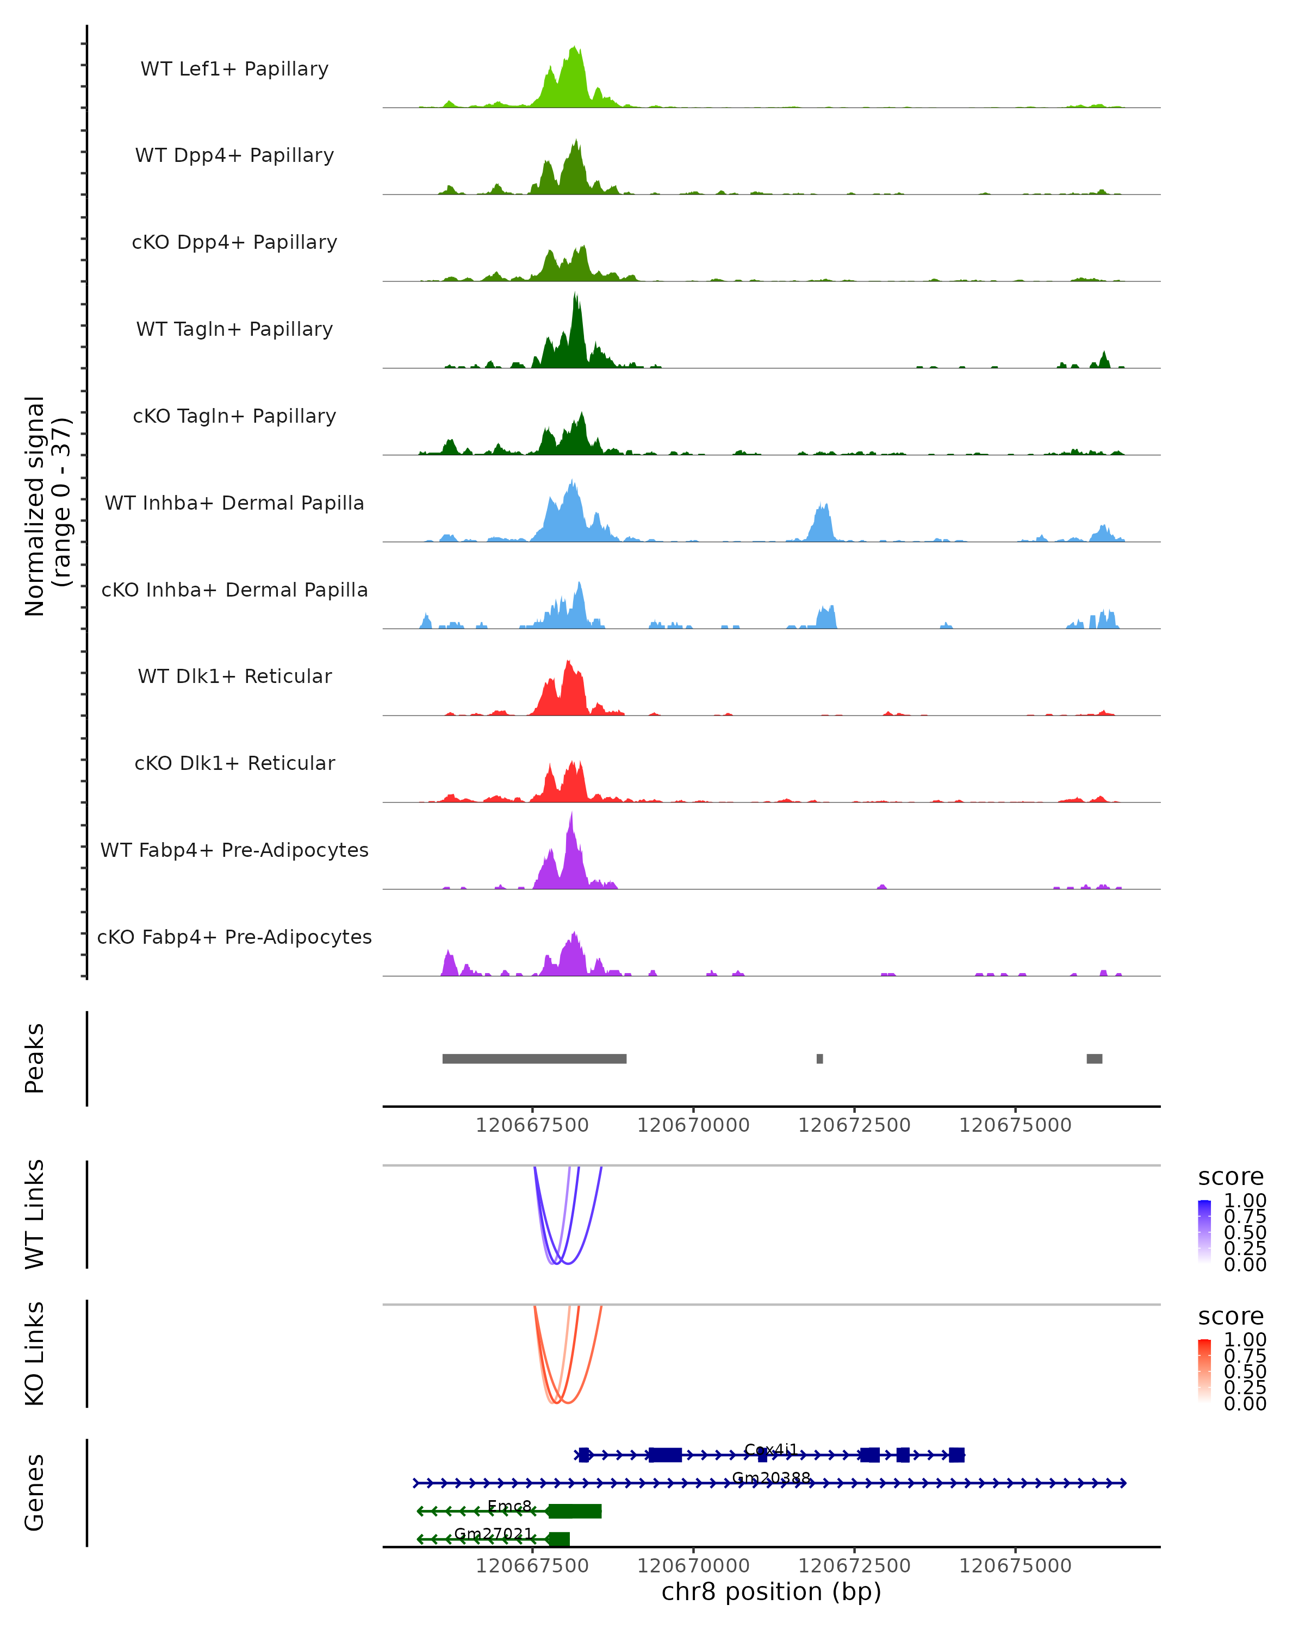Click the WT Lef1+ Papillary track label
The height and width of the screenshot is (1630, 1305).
pos(234,69)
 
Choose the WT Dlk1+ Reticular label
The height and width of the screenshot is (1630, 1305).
pos(234,676)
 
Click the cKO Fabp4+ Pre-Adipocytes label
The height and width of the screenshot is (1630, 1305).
pos(234,937)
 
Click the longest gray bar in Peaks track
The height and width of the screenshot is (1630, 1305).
pos(534,1058)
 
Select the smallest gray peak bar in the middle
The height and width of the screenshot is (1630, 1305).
pos(819,1058)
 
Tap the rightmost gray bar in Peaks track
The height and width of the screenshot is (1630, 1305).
pos(1094,1058)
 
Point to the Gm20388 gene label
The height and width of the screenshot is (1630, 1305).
pos(771,1477)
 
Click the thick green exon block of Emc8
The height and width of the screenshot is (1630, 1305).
pos(575,1510)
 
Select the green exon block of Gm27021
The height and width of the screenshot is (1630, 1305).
pos(559,1539)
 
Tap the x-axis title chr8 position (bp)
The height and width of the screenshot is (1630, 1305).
pos(771,1591)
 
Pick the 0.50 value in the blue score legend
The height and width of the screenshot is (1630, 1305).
pos(1245,1232)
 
